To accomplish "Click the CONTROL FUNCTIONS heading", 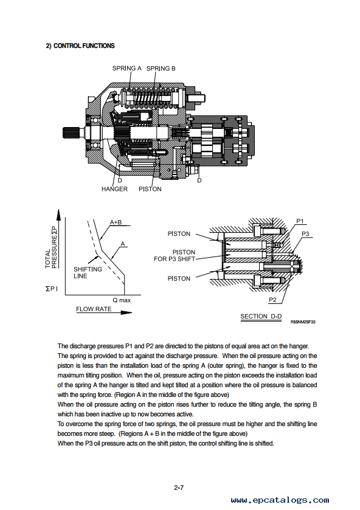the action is click(80, 46).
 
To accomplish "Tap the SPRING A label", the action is click(127, 68).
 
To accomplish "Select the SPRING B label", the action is click(161, 68).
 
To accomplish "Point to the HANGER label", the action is click(114, 189).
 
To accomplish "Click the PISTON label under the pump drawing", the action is click(150, 189).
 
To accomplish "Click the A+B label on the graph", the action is click(116, 222).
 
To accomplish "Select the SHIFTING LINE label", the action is click(88, 272).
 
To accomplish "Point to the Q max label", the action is click(122, 300).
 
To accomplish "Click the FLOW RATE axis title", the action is click(94, 309).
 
